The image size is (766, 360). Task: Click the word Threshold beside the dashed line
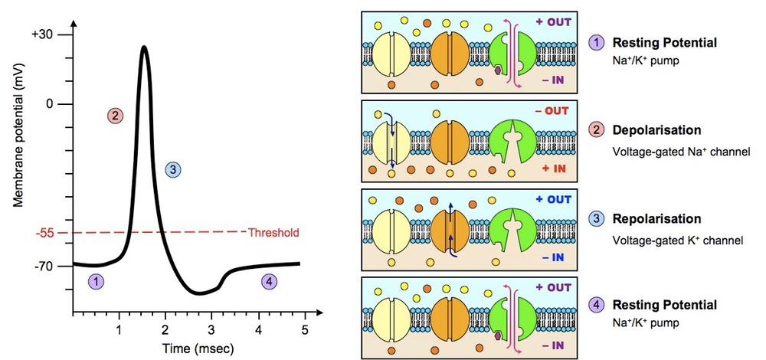pyautogui.click(x=273, y=232)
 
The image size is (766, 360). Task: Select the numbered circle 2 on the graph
pyautogui.click(x=115, y=116)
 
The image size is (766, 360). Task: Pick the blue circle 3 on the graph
pyautogui.click(x=173, y=169)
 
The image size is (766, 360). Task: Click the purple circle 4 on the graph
pyautogui.click(x=268, y=281)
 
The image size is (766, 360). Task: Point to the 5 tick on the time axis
pyautogui.click(x=305, y=330)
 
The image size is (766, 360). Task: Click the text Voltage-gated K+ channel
pyautogui.click(x=678, y=241)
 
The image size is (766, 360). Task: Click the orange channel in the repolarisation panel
pyautogui.click(x=451, y=227)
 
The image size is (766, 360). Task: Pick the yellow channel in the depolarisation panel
pyautogui.click(x=391, y=139)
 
